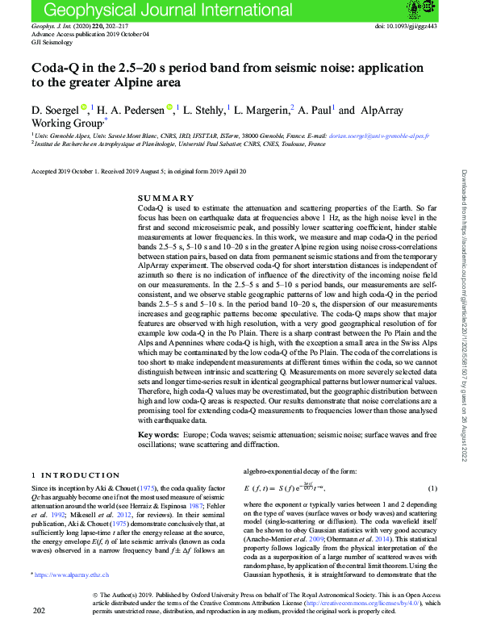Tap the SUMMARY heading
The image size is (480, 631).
166,198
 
